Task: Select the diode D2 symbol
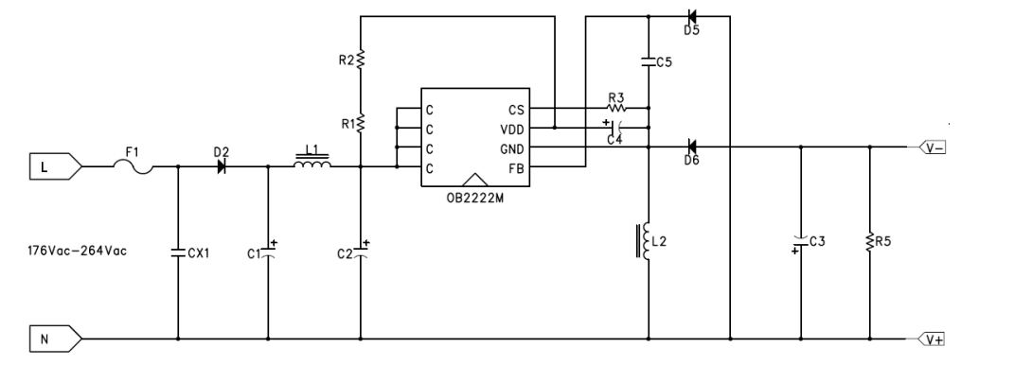tap(222, 166)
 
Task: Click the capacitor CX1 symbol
tap(178, 253)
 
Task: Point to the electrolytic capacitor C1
tap(268, 252)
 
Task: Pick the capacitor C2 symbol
tap(361, 252)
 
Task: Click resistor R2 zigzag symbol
tap(361, 60)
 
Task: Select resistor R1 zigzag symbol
tap(361, 123)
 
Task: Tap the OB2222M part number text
tap(475, 199)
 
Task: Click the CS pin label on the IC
tap(516, 111)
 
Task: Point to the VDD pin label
tap(512, 130)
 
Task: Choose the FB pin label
tap(516, 168)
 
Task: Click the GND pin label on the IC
tap(512, 149)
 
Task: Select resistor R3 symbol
tap(616, 108)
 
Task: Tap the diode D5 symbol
tap(691, 16)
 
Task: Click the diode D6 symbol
tap(691, 147)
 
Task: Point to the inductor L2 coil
tap(645, 241)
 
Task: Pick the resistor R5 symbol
tap(870, 242)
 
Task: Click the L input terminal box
tap(56, 166)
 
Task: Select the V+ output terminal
tap(932, 339)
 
